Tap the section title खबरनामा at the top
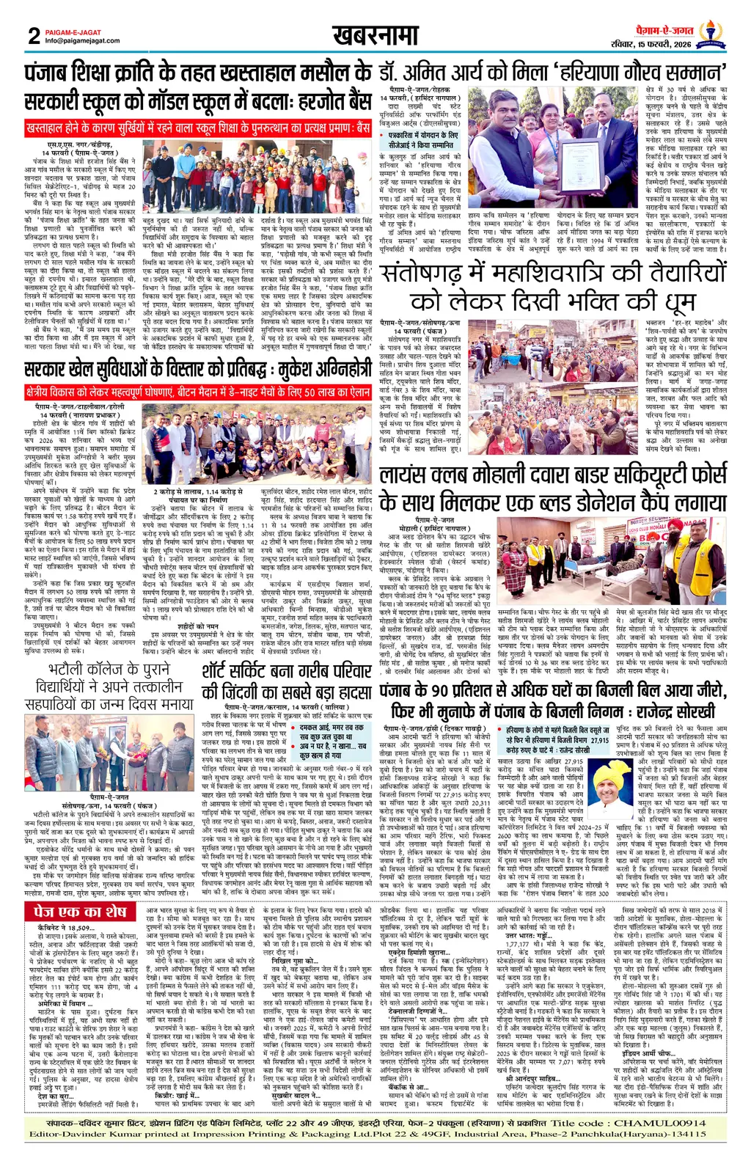click(375, 34)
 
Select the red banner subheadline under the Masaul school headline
click(198, 128)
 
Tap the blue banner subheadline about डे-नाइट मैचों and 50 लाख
click(198, 392)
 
